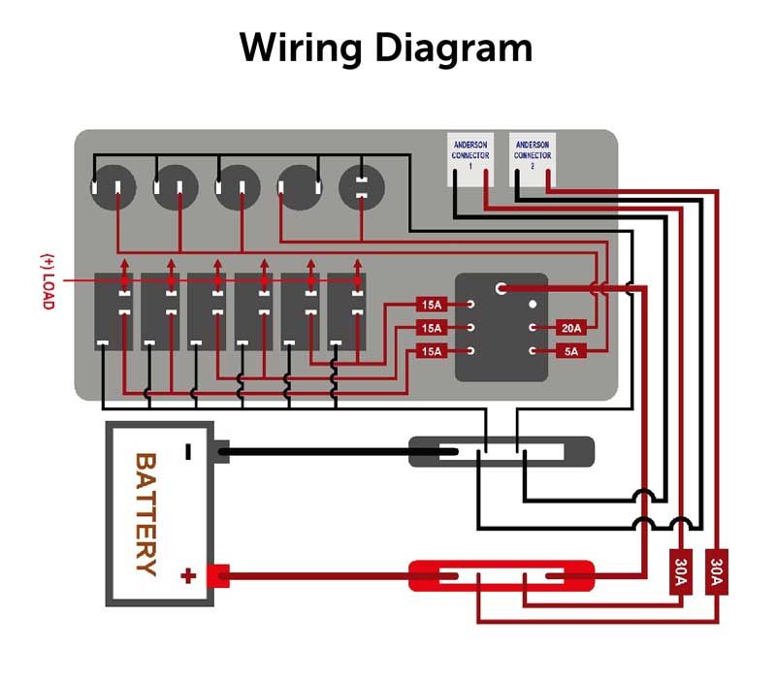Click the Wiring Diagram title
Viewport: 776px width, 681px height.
coord(386,47)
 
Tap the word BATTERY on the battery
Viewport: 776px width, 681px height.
coord(145,514)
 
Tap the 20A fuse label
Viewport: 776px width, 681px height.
coord(571,328)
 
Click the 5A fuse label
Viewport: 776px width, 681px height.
coord(571,351)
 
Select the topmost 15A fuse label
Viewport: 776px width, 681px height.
coord(430,305)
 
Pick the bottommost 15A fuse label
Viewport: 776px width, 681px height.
coord(430,351)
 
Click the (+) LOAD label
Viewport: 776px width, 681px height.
coord(47,281)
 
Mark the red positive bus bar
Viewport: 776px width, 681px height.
coord(501,575)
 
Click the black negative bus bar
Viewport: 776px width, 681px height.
coord(501,451)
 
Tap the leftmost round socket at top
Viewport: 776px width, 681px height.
coord(111,187)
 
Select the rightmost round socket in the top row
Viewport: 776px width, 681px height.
coord(361,187)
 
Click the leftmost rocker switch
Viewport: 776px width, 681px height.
coord(111,310)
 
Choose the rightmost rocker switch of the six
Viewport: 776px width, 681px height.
coord(345,310)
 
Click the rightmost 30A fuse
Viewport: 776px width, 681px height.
coord(718,572)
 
